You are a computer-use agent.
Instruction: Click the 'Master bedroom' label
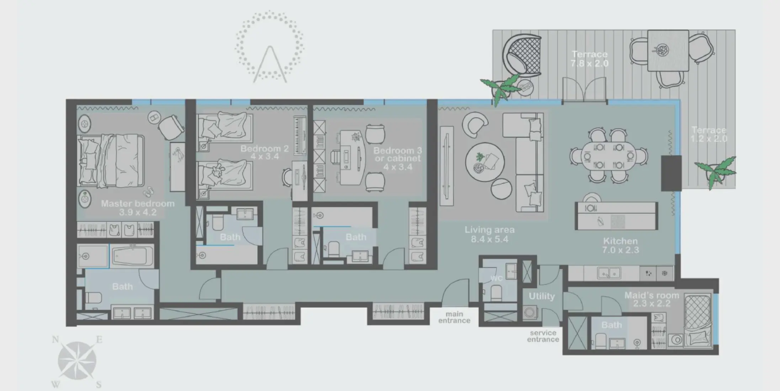[138, 204]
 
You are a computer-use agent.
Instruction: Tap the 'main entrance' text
[454, 317]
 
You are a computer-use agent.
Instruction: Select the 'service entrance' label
[543, 336]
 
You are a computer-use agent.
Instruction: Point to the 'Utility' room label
[541, 296]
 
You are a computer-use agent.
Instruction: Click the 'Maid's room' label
[652, 295]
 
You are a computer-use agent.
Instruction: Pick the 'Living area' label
[489, 230]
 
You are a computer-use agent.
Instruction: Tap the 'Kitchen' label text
[620, 241]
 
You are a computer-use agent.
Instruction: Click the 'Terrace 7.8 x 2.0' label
[589, 59]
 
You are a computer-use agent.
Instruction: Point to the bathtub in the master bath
[133, 256]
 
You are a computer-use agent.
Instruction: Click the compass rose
[77, 361]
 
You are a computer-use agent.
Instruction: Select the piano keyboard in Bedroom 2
[300, 135]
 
